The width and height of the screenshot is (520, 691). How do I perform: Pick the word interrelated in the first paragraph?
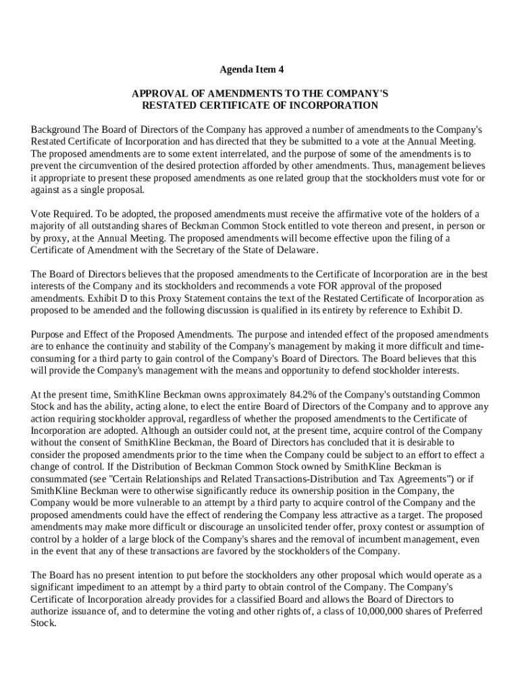(x=240, y=154)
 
